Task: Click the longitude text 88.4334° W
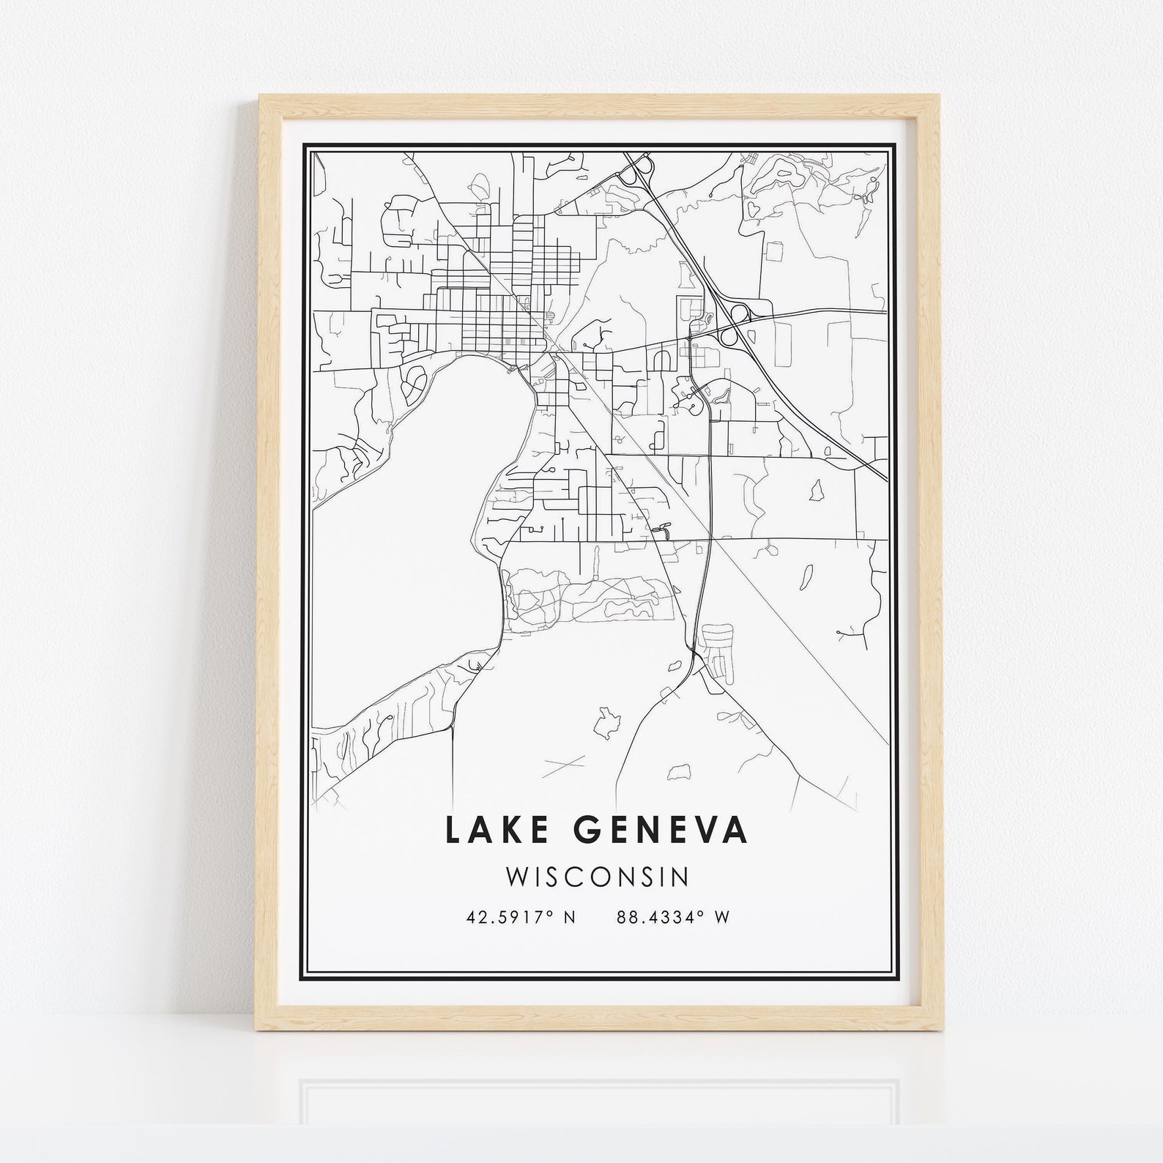tap(673, 917)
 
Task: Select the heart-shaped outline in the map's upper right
tap(753, 209)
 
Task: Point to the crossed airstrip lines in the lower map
tap(565, 765)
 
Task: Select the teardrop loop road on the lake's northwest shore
tap(412, 380)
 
